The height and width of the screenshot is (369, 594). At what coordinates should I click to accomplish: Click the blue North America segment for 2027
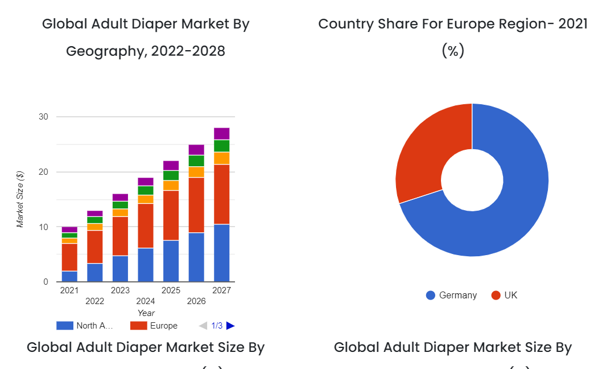(x=221, y=253)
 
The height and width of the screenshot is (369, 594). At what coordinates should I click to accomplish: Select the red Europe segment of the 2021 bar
(x=69, y=257)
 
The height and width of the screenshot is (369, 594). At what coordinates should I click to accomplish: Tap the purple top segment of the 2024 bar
(x=145, y=182)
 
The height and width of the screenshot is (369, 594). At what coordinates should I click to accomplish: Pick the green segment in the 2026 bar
(x=196, y=161)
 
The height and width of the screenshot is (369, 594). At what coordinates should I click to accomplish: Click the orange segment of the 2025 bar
(x=171, y=185)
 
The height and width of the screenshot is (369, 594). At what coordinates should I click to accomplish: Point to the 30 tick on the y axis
(x=43, y=117)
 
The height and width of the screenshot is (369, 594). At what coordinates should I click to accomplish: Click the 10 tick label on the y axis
(x=43, y=227)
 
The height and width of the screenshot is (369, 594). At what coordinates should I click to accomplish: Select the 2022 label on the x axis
(x=95, y=301)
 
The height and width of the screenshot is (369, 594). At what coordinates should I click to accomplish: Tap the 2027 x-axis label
(x=221, y=290)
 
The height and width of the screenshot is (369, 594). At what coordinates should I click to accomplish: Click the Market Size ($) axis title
(x=20, y=199)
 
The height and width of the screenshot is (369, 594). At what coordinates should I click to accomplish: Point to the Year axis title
(x=146, y=313)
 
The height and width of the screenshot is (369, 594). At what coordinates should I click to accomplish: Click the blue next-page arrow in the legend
(x=230, y=326)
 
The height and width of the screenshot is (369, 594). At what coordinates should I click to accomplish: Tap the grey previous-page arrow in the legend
(x=203, y=326)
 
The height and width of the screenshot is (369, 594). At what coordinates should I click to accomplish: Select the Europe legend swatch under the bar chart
(x=139, y=326)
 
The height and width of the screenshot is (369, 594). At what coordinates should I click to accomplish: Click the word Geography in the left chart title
(x=106, y=51)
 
